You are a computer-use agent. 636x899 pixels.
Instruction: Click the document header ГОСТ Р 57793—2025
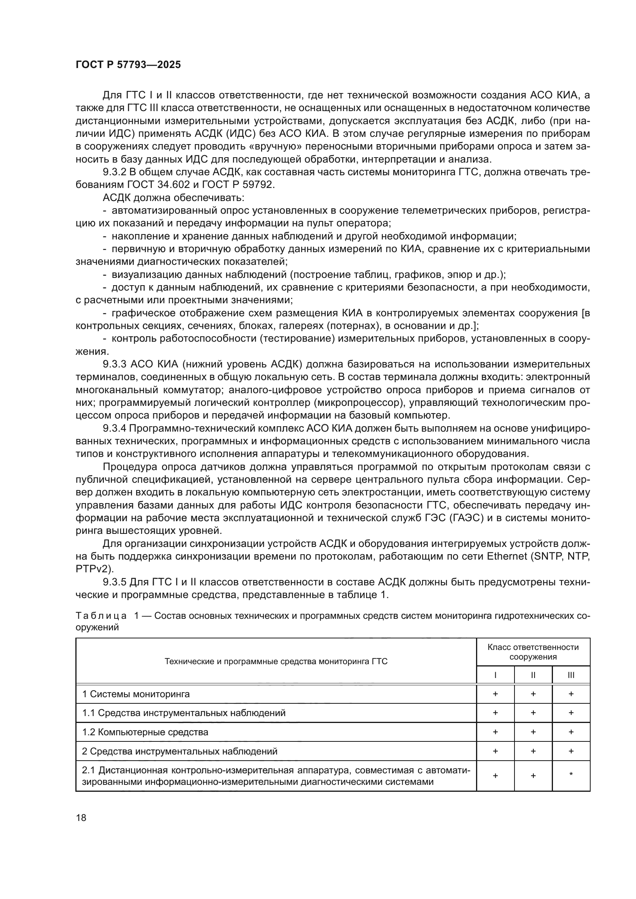(128, 65)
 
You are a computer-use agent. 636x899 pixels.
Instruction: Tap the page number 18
(81, 818)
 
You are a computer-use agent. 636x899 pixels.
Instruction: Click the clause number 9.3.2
(114, 172)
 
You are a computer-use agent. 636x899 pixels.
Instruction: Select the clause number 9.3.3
(114, 364)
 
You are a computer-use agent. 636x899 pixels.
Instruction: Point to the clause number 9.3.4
(114, 428)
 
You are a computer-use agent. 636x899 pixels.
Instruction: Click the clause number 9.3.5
(114, 582)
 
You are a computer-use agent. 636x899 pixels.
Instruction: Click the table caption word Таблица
(101, 615)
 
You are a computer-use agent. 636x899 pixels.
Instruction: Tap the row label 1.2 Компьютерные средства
(145, 732)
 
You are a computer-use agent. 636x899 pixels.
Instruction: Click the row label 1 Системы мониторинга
(135, 694)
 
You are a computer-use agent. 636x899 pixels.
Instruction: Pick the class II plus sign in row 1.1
(533, 713)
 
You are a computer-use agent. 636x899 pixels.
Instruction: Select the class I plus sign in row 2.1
(495, 775)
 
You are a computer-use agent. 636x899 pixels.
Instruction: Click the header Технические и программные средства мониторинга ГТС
(276, 662)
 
